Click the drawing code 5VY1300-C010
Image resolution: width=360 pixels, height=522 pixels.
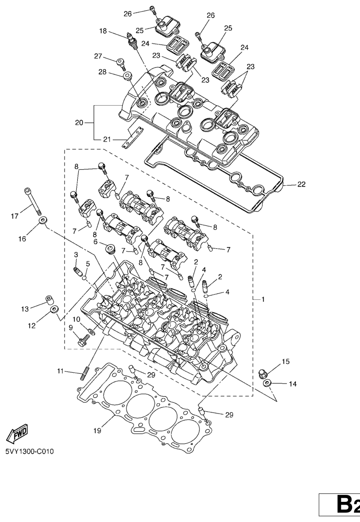click(29, 452)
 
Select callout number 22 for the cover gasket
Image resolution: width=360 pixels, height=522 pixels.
click(301, 184)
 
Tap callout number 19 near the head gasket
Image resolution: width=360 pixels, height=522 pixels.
click(97, 431)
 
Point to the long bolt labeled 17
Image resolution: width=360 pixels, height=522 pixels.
click(33, 201)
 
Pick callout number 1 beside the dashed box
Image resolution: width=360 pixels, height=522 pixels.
click(263, 300)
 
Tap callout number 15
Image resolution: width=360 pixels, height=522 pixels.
click(286, 362)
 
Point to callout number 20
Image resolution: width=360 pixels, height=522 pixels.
click(79, 123)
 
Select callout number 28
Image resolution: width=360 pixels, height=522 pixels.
click(103, 72)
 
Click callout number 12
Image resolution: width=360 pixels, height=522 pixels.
click(31, 326)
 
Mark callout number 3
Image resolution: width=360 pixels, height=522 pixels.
click(76, 254)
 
